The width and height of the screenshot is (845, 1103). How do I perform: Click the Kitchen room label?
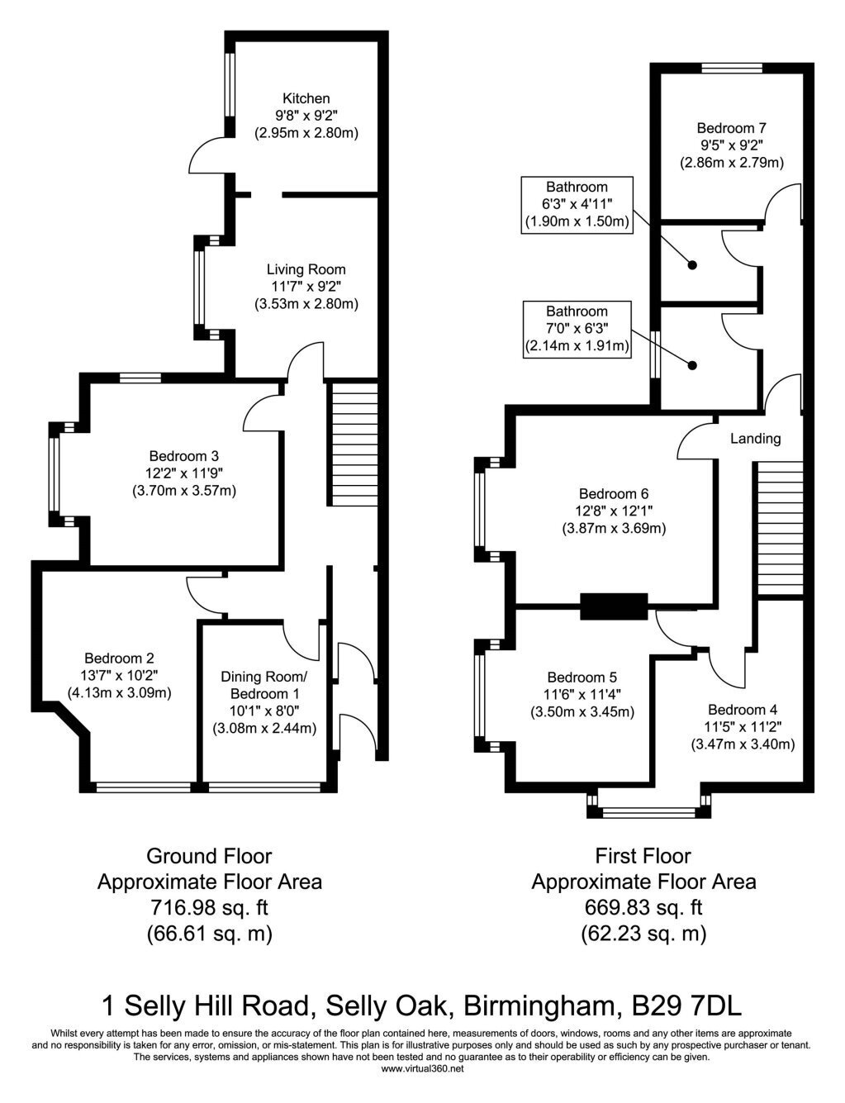pos(306,98)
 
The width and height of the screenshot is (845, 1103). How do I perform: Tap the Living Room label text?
pos(306,269)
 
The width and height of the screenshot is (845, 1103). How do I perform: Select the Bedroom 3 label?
pos(184,456)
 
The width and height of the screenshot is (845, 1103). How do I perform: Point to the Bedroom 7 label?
pos(731,127)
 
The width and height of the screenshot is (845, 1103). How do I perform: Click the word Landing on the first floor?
pos(755,438)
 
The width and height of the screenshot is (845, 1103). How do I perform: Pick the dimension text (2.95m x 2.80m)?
pos(306,133)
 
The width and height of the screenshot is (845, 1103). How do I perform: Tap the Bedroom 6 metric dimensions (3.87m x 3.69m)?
pos(614,529)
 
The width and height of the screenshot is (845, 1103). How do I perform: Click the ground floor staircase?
pos(355,445)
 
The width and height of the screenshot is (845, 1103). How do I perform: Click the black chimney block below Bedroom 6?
pos(614,606)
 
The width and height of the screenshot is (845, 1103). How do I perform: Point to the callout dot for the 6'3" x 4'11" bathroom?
pos(692,264)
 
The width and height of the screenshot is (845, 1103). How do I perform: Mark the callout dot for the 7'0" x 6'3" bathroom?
pos(692,365)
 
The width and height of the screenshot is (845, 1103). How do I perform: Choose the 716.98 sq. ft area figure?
pos(210,906)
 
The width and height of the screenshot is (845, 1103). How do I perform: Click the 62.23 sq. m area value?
pos(643,933)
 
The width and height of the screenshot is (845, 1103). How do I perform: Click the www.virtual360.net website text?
pos(423,1068)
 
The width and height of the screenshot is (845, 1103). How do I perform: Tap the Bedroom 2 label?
pos(119,658)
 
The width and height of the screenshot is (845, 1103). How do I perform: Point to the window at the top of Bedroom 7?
pos(732,68)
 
